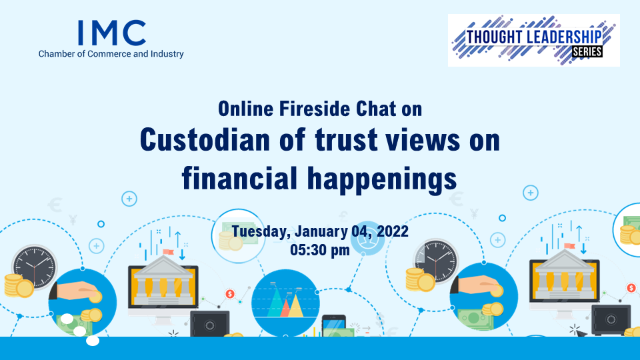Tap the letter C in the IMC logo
134,33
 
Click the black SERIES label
587,52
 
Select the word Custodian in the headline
205,139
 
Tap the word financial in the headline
239,178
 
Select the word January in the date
321,231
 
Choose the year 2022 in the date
392,231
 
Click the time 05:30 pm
320,250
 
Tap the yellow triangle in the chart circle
295,306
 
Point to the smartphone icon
334,326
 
